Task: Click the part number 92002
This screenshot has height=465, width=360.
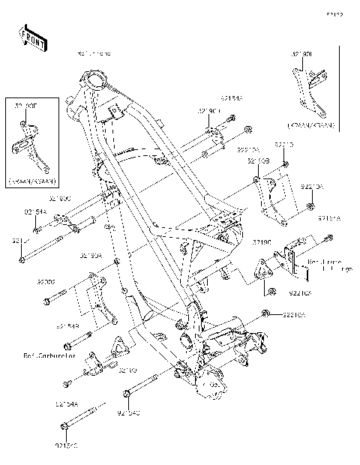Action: pos(46,283)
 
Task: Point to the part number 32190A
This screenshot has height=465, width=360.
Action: pos(91,256)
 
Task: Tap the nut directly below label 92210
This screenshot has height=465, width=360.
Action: pos(285,164)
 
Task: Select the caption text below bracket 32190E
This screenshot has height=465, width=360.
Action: pos(33,182)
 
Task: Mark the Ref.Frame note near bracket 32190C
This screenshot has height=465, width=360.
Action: pos(325,265)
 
